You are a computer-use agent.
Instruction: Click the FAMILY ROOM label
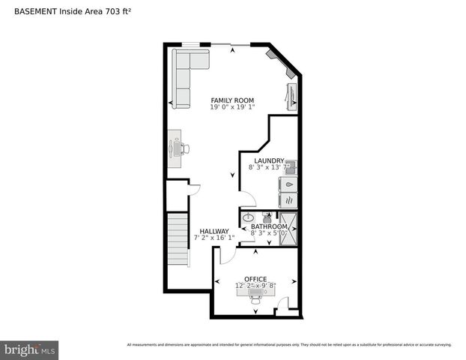[232, 100]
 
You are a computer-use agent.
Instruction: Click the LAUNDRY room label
[269, 160]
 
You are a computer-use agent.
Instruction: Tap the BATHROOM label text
[269, 226]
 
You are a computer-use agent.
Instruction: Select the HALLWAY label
[214, 231]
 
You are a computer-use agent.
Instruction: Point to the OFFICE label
[255, 279]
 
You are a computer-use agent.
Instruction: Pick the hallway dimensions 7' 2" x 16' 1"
[214, 238]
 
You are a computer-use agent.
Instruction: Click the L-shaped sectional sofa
[184, 75]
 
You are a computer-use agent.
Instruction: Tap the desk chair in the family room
[184, 148]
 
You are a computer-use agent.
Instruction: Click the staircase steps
[178, 238]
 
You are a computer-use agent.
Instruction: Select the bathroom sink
[249, 218]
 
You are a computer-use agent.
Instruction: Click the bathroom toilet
[267, 217]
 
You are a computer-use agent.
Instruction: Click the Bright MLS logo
[30, 349]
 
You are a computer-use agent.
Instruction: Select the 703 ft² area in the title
[102, 10]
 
